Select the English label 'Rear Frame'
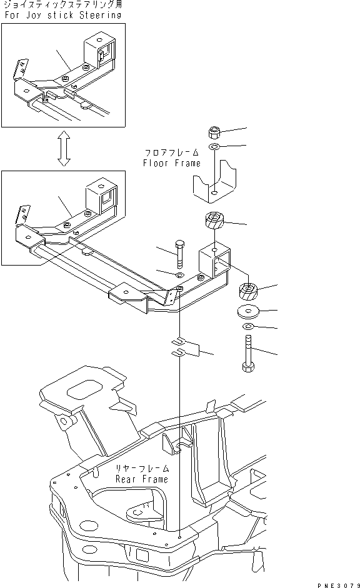coord(142,479)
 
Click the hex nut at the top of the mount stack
coord(214,132)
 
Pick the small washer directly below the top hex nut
coord(214,147)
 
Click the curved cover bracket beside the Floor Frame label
coord(214,181)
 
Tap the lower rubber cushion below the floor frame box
coord(250,292)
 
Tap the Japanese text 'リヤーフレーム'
coord(142,468)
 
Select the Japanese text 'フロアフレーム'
coord(172,152)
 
